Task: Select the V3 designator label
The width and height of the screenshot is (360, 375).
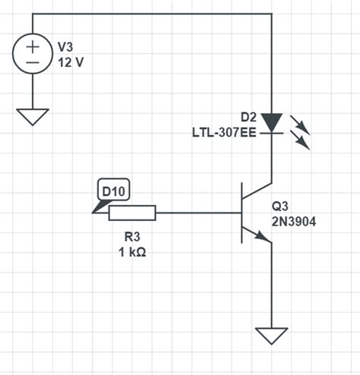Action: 68,47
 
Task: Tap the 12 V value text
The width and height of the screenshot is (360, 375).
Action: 71,61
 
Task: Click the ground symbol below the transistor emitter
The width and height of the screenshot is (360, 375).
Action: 271,335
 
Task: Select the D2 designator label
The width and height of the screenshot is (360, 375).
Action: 248,117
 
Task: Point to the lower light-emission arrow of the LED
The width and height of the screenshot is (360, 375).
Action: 302,140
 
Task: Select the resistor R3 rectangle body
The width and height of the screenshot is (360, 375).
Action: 133,213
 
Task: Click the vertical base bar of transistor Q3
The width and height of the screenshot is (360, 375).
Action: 241,213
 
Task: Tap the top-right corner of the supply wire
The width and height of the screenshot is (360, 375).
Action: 271,14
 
